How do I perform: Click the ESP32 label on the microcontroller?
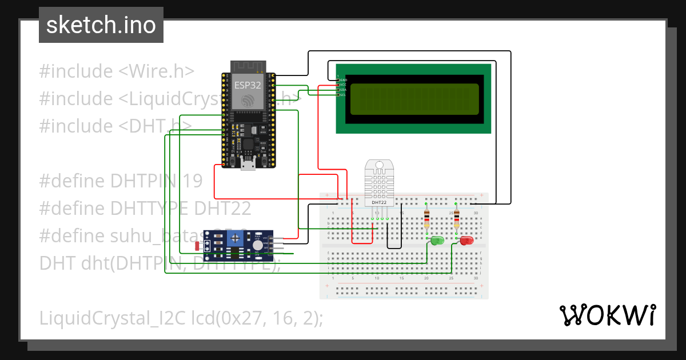pyautogui.click(x=247, y=85)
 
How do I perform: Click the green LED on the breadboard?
pyautogui.click(x=437, y=241)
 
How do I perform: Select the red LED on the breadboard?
pyautogui.click(x=466, y=241)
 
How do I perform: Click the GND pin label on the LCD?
pyautogui.click(x=343, y=80)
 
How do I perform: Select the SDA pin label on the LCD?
pyautogui.click(x=343, y=90)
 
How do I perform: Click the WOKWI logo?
pyautogui.click(x=607, y=315)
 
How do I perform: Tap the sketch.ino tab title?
pyautogui.click(x=101, y=25)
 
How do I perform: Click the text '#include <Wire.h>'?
pyautogui.click(x=117, y=71)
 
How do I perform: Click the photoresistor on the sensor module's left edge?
pyautogui.click(x=198, y=246)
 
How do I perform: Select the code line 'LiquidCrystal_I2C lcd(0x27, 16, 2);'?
pyautogui.click(x=181, y=318)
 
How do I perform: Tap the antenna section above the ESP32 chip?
pyautogui.click(x=248, y=66)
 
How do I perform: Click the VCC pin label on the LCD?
pyautogui.click(x=343, y=85)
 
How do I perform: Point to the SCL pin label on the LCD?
pyautogui.click(x=343, y=94)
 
